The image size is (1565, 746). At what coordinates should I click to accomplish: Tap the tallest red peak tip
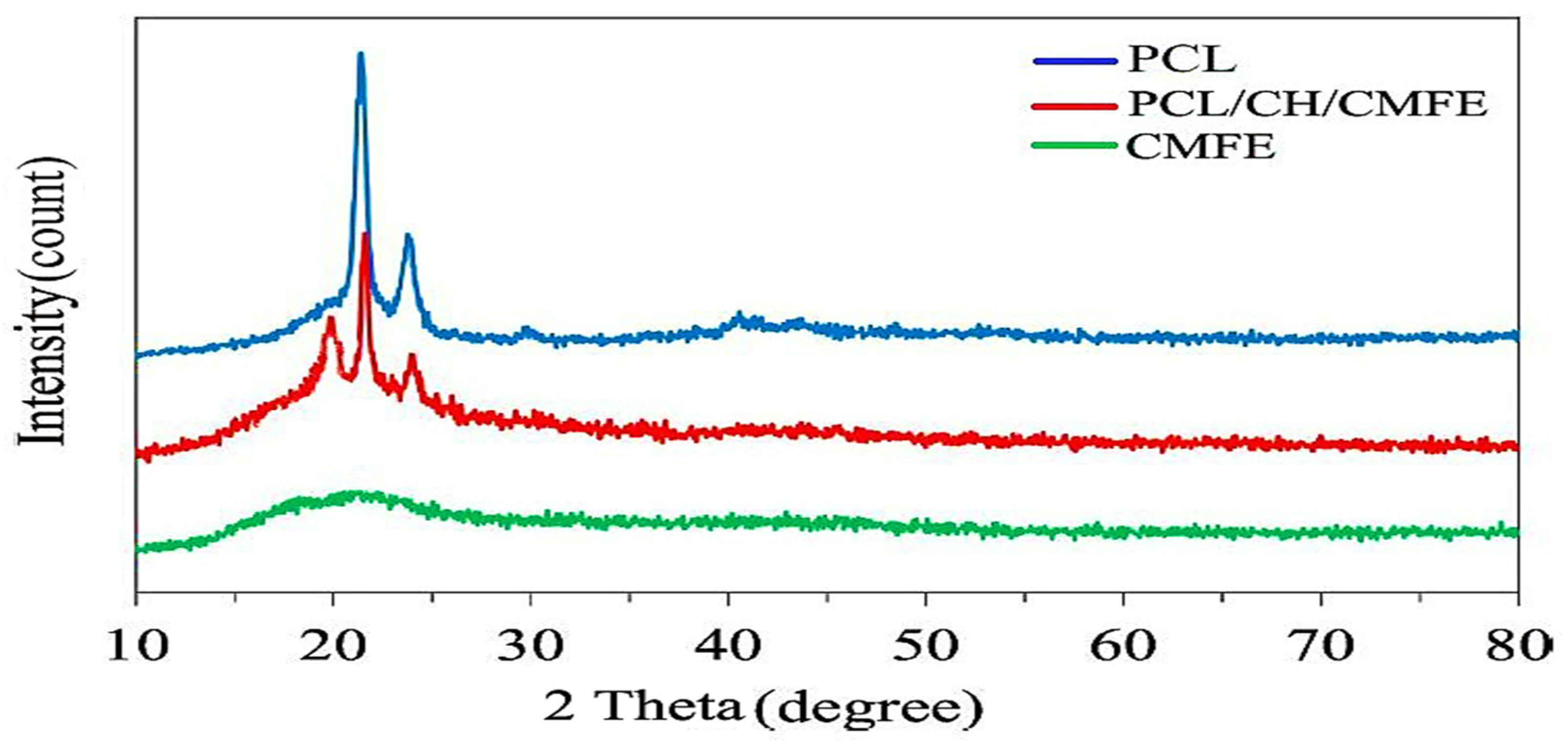pos(365,235)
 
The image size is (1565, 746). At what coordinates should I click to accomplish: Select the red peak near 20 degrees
pos(331,318)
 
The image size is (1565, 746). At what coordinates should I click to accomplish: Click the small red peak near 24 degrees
pos(412,358)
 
